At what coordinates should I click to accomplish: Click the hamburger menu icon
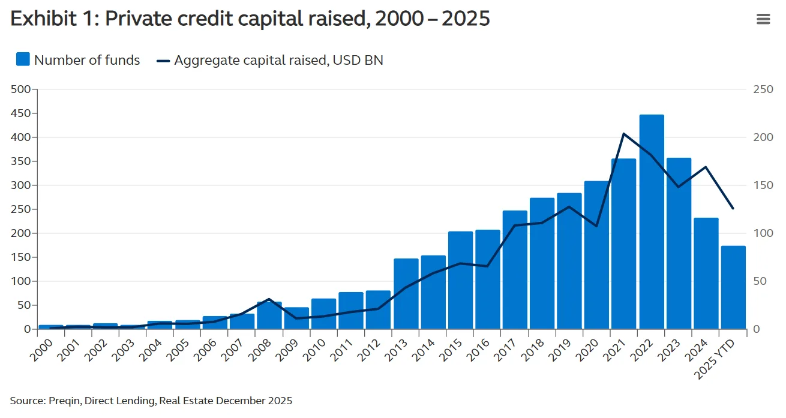763,19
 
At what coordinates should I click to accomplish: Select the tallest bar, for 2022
652,222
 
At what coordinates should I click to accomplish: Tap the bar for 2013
406,294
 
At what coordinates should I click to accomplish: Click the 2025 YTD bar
733,288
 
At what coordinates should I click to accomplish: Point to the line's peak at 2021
624,134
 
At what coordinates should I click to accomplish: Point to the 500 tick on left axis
20,89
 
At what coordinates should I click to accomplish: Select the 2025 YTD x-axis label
719,357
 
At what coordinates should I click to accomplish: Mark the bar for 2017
515,270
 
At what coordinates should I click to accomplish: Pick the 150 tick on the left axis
20,257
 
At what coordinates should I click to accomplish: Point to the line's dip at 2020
596,226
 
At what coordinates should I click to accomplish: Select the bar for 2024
706,273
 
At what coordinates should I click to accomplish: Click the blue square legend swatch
23,59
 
